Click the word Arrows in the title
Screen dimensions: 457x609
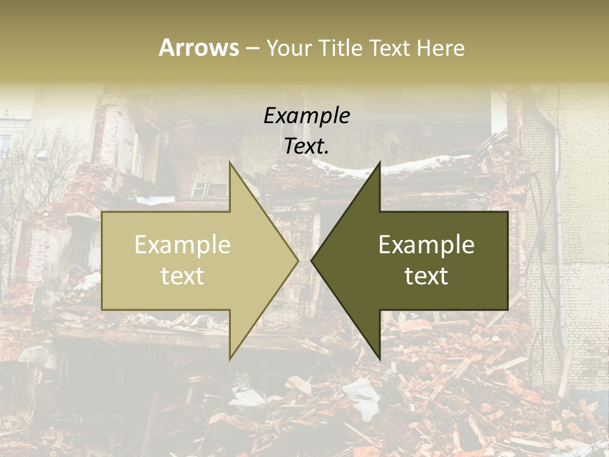pos(199,48)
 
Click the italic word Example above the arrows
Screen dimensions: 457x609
pos(306,116)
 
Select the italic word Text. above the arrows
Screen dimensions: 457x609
pos(306,147)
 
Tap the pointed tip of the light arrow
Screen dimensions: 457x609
pos(297,260)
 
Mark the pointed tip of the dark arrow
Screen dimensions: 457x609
pos(313,260)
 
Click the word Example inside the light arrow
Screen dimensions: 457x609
pos(183,245)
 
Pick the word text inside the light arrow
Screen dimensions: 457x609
pos(183,276)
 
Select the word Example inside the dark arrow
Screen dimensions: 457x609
pos(426,245)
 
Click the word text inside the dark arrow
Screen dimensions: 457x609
pos(426,276)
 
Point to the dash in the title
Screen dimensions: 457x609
pos(252,48)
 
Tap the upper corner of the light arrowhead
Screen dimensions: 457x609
pos(230,164)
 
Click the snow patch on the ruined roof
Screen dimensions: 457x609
pos(406,166)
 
